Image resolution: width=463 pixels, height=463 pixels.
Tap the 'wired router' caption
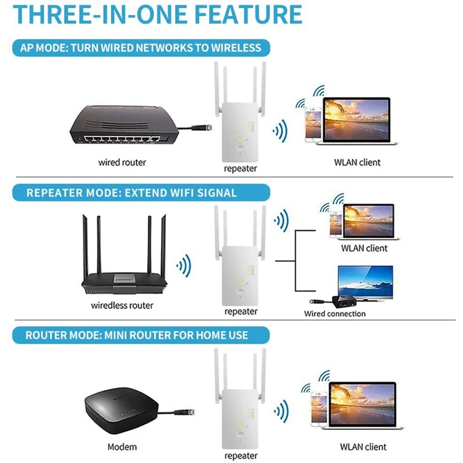[122, 163]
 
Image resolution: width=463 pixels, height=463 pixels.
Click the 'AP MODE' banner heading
[141, 47]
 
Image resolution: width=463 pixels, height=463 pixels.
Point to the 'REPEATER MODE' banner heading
[132, 193]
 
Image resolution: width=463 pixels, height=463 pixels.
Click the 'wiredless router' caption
[123, 305]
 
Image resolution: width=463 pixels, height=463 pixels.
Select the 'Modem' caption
[122, 447]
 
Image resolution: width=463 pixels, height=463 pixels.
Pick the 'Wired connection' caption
[335, 314]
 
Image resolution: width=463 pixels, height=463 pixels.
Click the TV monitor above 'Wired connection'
[365, 282]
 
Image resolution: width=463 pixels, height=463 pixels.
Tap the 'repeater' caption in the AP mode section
[241, 168]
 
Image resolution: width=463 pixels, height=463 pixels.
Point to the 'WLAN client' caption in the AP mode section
[357, 163]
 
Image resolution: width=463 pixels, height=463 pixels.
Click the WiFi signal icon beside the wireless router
[185, 267]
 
